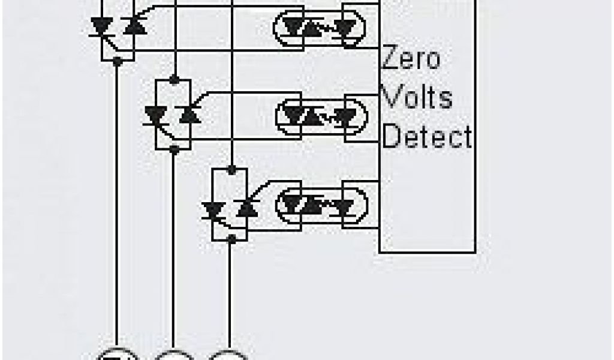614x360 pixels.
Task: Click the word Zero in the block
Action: coord(411,59)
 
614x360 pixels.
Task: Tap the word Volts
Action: coord(417,97)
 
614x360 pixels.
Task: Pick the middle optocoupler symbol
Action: coord(321,114)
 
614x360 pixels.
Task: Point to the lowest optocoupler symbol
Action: coord(321,205)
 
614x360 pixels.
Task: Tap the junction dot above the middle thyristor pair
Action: coord(173,79)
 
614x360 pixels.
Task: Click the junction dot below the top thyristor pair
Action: coord(118,61)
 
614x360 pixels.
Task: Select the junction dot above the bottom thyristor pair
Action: coord(230,169)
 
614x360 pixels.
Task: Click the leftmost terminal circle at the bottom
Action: coord(118,355)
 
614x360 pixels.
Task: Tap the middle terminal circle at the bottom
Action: coord(174,355)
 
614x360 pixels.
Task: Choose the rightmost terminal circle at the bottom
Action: coord(229,355)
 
